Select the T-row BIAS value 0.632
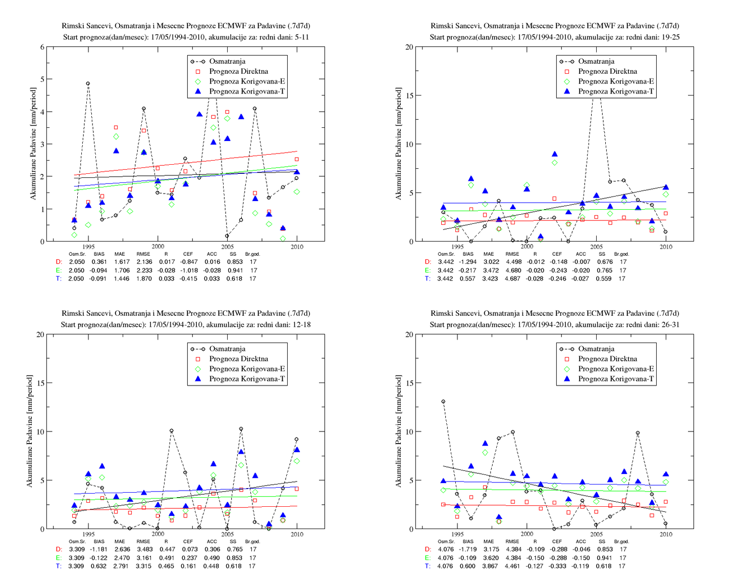coord(98,566)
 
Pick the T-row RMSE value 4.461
coord(512,566)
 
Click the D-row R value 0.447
coord(166,549)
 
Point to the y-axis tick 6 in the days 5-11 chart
coord(42,47)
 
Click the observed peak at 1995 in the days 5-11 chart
coord(88,83)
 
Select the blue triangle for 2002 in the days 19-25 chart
coord(555,154)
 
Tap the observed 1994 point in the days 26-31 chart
coord(443,401)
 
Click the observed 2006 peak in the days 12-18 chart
coord(241,429)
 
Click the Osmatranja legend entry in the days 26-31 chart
coord(587,349)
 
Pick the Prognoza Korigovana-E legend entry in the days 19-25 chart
coord(607,81)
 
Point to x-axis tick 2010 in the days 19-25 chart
coord(666,247)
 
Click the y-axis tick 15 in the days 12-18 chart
coord(40,382)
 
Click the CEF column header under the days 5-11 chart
coord(188,254)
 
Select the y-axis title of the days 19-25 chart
coord(398,143)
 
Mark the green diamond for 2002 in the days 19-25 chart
coord(555,163)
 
